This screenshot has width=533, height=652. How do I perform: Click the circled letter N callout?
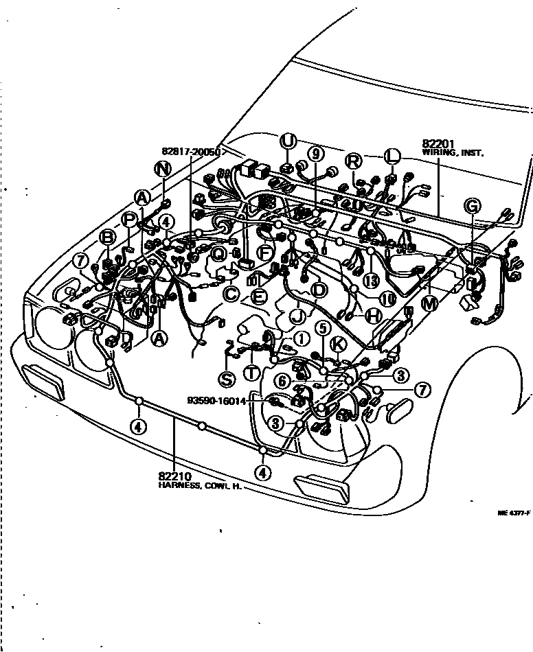tap(162, 168)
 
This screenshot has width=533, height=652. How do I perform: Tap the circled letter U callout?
tap(288, 142)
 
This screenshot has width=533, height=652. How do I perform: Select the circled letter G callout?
tap(472, 206)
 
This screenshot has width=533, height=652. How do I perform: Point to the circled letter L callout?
tap(392, 156)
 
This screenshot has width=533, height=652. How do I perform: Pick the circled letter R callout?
tap(353, 161)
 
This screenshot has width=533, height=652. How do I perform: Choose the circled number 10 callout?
tap(387, 299)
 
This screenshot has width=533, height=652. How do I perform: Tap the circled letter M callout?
tap(429, 304)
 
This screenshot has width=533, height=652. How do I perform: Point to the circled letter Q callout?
tap(218, 255)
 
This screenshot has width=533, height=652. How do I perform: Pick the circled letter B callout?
tap(108, 237)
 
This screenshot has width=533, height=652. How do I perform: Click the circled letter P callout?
tap(130, 219)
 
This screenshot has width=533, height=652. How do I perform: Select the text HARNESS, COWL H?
tap(200, 485)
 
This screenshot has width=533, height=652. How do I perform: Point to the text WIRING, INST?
tap(453, 154)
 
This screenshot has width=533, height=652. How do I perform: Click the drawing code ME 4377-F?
tap(513, 512)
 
